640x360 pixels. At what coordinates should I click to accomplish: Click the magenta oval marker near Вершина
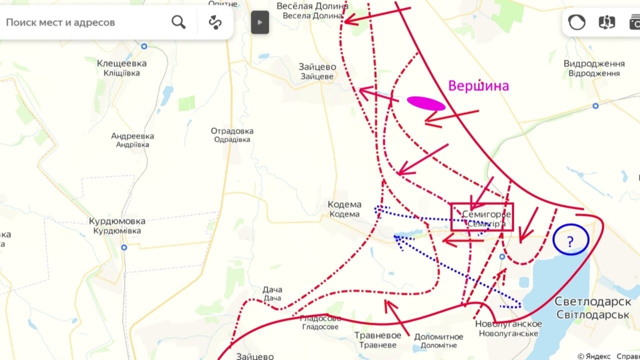coord(426,103)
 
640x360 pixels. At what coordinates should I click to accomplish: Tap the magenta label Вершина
coord(478,86)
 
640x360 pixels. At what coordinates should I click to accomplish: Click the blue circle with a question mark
coord(570,240)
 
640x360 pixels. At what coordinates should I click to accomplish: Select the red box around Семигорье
coord(482,217)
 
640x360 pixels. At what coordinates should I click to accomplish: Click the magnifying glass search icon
coord(178,22)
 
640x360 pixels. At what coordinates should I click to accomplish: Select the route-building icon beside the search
coord(215,22)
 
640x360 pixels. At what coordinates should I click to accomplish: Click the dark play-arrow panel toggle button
coord(260,22)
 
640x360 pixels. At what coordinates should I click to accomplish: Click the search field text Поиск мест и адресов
coord(60,22)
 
